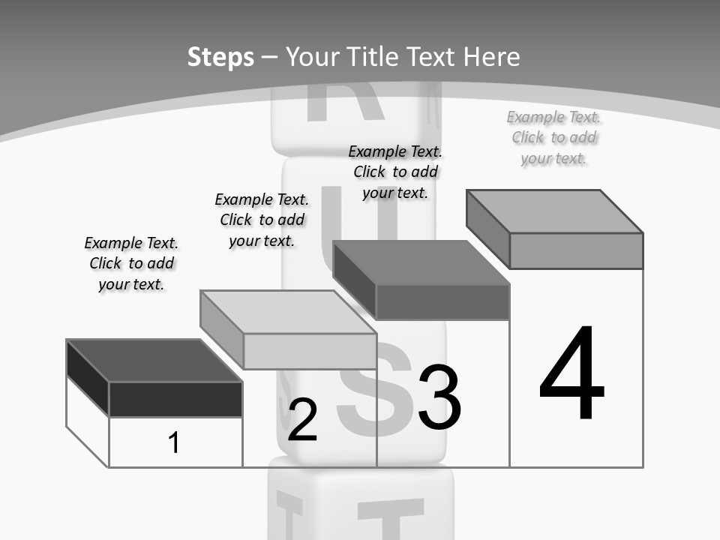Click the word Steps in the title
[220, 57]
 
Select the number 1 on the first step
[174, 442]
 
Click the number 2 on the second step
[302, 420]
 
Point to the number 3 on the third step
[439, 397]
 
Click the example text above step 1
[131, 263]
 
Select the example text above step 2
[262, 220]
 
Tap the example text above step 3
[395, 172]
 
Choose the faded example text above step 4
[554, 137]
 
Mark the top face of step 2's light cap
[288, 312]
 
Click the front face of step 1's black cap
[175, 399]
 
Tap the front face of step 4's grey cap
[576, 250]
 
